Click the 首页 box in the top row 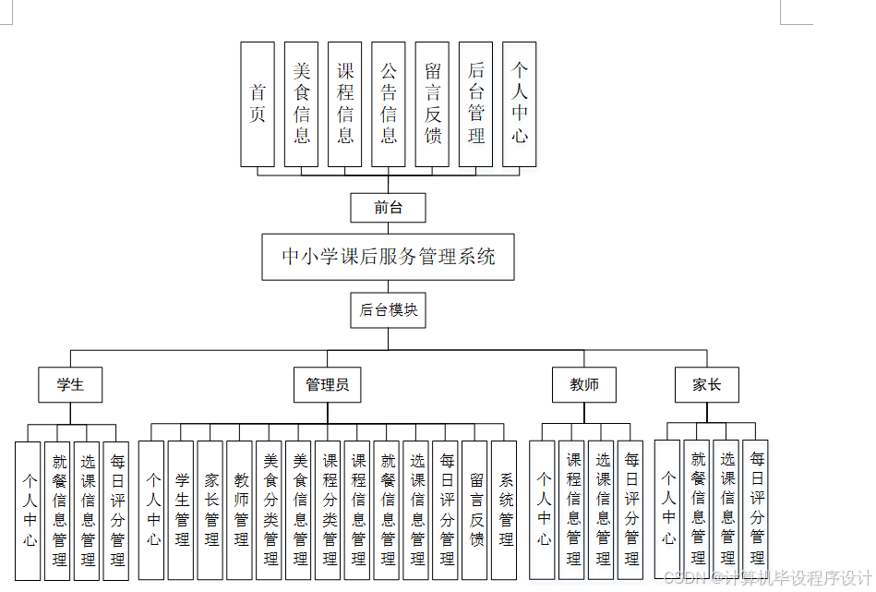tap(258, 104)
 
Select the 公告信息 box tap(389, 104)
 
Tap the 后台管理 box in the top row tap(475, 104)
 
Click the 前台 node tap(388, 208)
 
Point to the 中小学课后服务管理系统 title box tap(388, 256)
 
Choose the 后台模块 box tap(388, 310)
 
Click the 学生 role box tap(70, 384)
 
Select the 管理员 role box tap(327, 384)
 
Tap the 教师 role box tap(584, 384)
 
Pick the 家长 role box tap(706, 384)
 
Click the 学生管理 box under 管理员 tap(182, 510)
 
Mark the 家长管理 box tap(211, 510)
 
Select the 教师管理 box tap(241, 510)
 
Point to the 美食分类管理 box tap(270, 510)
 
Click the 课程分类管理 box tap(330, 510)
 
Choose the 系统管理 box tap(506, 510)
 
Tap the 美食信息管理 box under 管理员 tap(300, 510)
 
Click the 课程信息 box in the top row tap(345, 104)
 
